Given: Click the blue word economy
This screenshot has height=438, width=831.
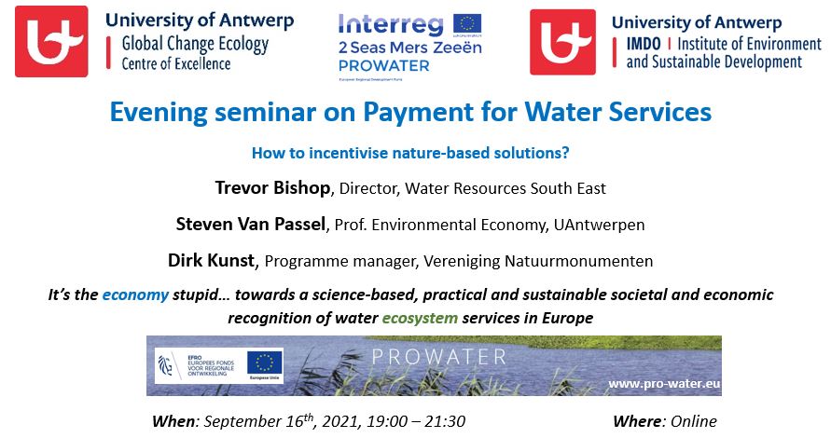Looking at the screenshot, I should [x=136, y=294].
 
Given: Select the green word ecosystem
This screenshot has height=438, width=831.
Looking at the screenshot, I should [x=422, y=317].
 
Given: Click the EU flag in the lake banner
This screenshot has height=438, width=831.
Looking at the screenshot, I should [x=265, y=363].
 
